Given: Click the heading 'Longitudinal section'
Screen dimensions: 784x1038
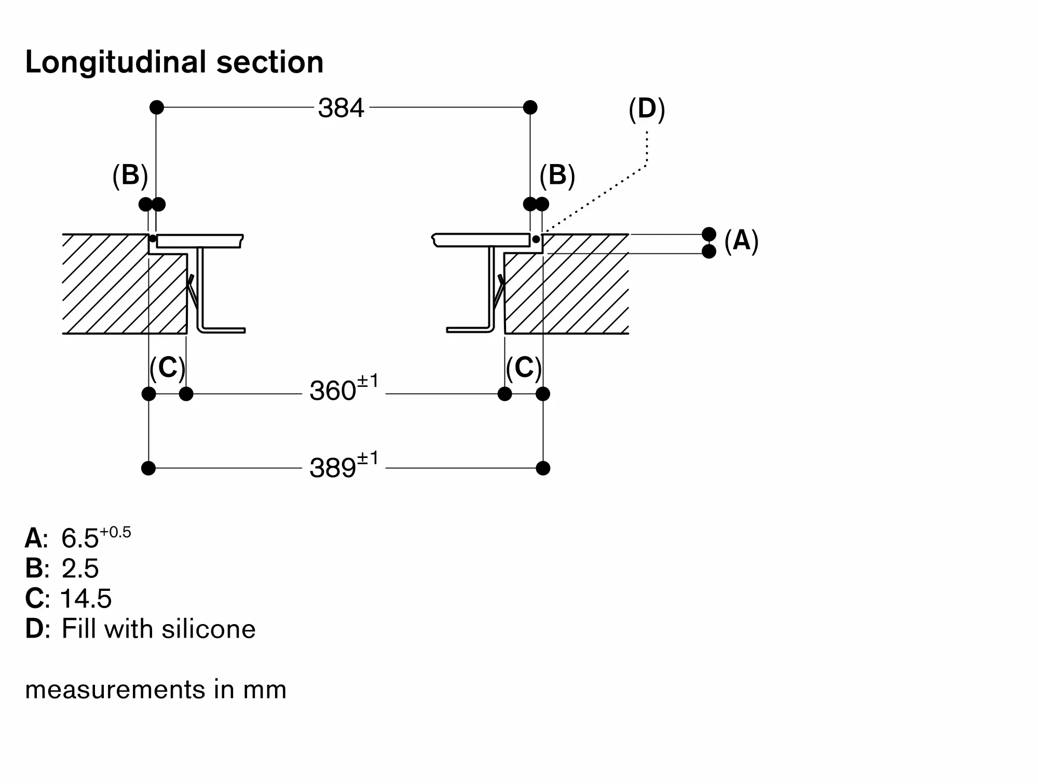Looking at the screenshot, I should click(174, 62).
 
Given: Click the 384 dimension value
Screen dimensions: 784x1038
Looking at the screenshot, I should click(341, 109).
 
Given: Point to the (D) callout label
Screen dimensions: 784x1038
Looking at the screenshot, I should click(647, 110).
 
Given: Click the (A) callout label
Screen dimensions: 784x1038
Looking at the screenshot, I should click(741, 241).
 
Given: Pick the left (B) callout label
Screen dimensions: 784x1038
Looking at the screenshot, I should click(130, 175).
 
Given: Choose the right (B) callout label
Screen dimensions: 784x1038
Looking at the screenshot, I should click(557, 175).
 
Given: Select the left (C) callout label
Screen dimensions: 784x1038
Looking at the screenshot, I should click(167, 368).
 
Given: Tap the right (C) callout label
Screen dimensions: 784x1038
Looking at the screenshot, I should click(524, 368).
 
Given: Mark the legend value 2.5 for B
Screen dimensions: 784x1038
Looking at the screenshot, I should click(80, 568).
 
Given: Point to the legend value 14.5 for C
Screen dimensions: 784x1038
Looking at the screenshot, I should click(86, 598).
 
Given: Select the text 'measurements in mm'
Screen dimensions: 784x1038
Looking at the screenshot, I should click(156, 690).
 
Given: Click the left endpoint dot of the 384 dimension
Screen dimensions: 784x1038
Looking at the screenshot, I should click(157, 107).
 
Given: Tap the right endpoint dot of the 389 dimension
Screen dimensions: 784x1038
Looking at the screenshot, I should click(543, 468).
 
